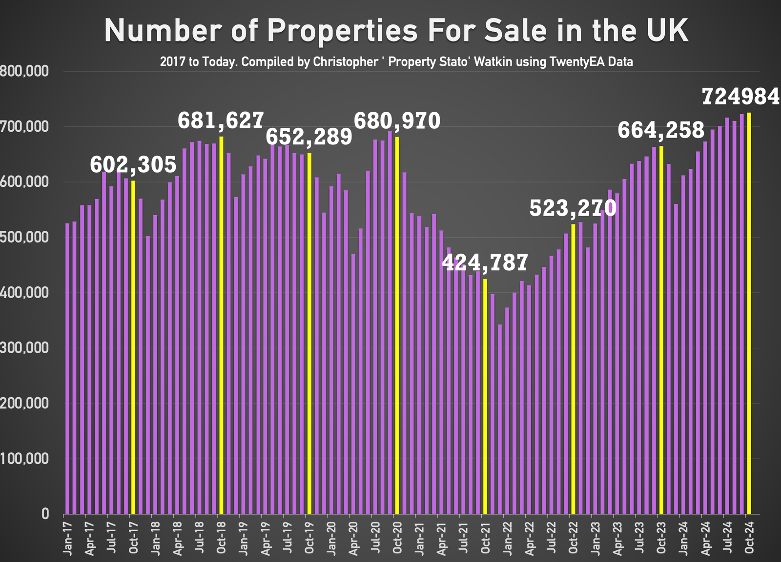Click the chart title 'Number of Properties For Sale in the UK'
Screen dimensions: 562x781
pyautogui.click(x=396, y=31)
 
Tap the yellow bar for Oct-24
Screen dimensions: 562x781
pyautogui.click(x=749, y=312)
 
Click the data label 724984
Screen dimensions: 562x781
pyautogui.click(x=740, y=97)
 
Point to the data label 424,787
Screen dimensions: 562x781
pyautogui.click(x=485, y=263)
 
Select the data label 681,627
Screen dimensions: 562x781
pyautogui.click(x=221, y=120)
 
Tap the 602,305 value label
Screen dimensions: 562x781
pyautogui.click(x=133, y=165)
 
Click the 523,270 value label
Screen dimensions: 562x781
pyautogui.click(x=573, y=208)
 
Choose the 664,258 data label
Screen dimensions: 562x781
pyautogui.click(x=661, y=130)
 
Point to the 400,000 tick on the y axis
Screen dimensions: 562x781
pyautogui.click(x=24, y=293)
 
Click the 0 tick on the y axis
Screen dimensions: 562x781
pyautogui.click(x=45, y=514)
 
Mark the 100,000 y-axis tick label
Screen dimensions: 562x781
pyautogui.click(x=24, y=459)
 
